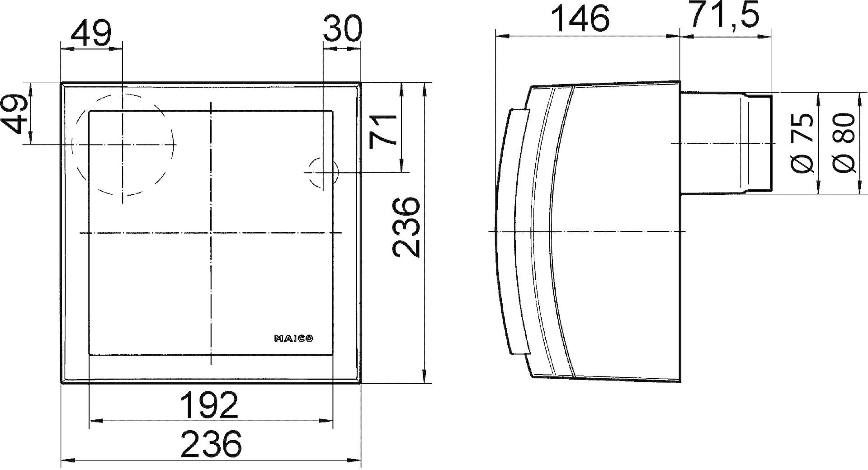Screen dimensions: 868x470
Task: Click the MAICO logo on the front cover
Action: coord(294,338)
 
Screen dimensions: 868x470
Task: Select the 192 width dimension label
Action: coord(209,405)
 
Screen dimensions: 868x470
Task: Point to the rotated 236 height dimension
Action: coord(406,226)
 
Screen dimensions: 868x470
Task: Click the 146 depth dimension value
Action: coord(581,19)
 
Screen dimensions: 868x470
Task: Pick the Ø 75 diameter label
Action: coord(803,143)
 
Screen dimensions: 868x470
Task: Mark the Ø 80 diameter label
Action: coord(844,142)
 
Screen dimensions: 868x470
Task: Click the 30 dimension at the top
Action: coord(342,28)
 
